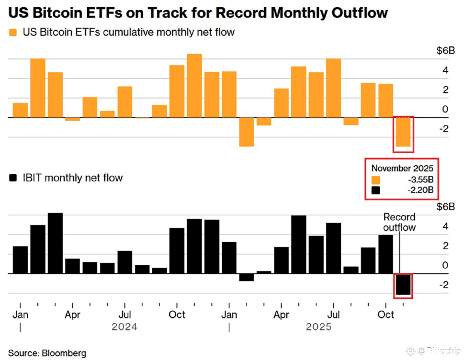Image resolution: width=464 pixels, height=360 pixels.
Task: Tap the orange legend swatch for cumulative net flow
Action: (13, 33)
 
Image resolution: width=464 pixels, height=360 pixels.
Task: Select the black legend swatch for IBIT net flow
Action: (13, 178)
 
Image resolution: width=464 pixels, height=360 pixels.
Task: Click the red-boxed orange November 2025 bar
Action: (403, 132)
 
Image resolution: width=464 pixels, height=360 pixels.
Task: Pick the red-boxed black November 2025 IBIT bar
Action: (403, 284)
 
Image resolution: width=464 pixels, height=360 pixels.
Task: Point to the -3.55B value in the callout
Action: (420, 179)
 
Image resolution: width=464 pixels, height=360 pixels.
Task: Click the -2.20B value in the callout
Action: (420, 190)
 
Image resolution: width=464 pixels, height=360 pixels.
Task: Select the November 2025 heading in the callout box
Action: (402, 168)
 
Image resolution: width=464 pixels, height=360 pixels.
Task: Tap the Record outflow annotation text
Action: (399, 222)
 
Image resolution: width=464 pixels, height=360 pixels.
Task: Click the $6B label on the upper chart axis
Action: (445, 50)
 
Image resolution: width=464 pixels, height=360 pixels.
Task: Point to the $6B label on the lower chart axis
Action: (445, 207)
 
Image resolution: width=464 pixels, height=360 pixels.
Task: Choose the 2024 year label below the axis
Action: (124, 327)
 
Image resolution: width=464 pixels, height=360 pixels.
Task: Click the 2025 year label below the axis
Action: (319, 327)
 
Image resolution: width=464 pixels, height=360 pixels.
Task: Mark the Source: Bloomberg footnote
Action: (47, 353)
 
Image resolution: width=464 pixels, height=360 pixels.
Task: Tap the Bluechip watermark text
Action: (443, 350)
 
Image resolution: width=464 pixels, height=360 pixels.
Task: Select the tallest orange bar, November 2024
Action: (194, 86)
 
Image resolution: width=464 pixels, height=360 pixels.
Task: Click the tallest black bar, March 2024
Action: (55, 243)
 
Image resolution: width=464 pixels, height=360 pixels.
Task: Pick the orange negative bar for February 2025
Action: (246, 132)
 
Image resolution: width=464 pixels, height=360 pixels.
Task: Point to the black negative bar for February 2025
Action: (246, 277)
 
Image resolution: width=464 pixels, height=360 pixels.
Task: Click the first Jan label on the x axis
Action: (20, 314)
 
